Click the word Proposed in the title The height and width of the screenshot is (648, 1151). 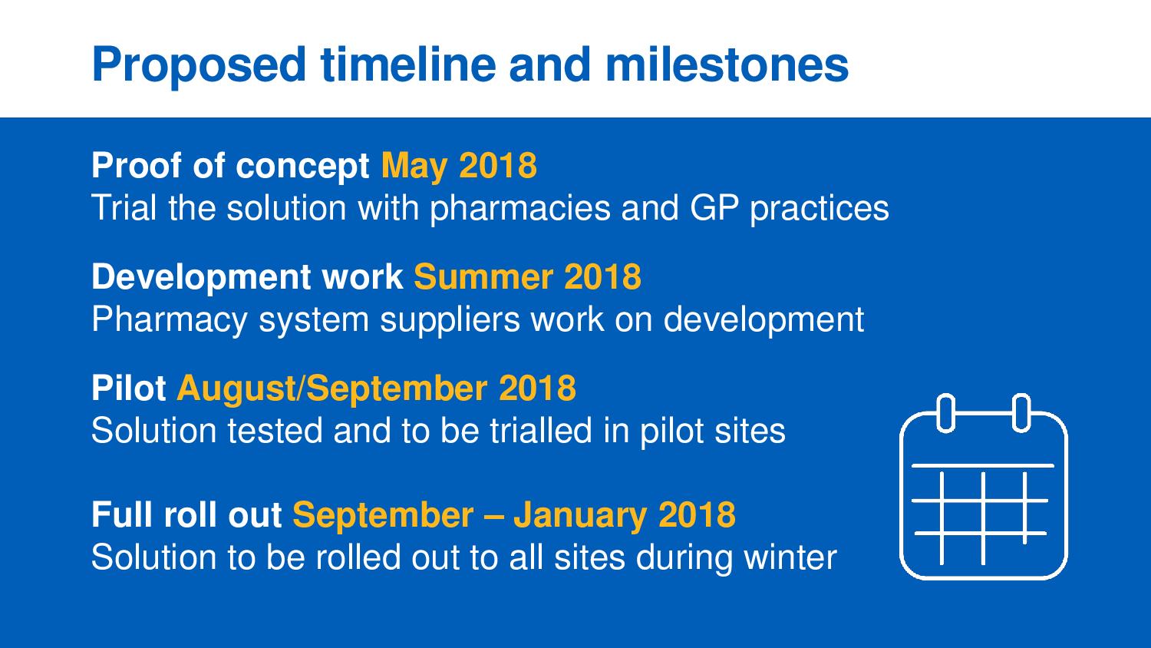(199, 66)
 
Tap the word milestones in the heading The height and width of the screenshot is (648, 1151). (727, 64)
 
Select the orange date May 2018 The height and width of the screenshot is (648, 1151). (459, 167)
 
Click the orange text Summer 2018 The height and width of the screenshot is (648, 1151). (527, 276)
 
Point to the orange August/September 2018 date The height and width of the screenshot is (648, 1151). (376, 388)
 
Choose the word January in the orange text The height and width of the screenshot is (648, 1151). (580, 515)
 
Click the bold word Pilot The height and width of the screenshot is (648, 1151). (128, 388)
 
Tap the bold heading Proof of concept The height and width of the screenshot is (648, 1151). (230, 167)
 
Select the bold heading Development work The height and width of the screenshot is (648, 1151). (246, 278)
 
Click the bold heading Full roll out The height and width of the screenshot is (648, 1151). (186, 514)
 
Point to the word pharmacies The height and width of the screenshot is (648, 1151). (520, 209)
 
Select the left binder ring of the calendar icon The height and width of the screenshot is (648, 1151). (946, 413)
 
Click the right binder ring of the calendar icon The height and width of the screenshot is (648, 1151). (1021, 413)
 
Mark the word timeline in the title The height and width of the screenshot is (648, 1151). (408, 64)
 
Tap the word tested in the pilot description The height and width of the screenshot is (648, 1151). (275, 431)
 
